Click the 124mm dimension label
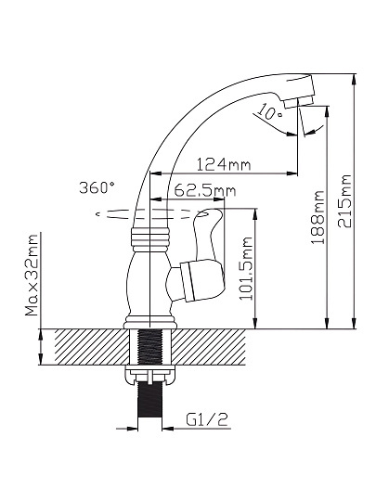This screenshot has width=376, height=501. point(224,164)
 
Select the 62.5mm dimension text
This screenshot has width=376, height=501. point(205,191)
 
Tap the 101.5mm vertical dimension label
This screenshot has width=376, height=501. point(246,268)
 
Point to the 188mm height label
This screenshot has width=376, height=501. point(318,217)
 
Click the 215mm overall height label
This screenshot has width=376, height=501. point(344,201)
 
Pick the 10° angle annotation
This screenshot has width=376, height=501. point(269,112)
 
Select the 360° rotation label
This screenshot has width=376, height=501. point(97,187)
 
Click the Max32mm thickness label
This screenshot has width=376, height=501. point(32,276)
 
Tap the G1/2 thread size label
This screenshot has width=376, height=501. point(208,419)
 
